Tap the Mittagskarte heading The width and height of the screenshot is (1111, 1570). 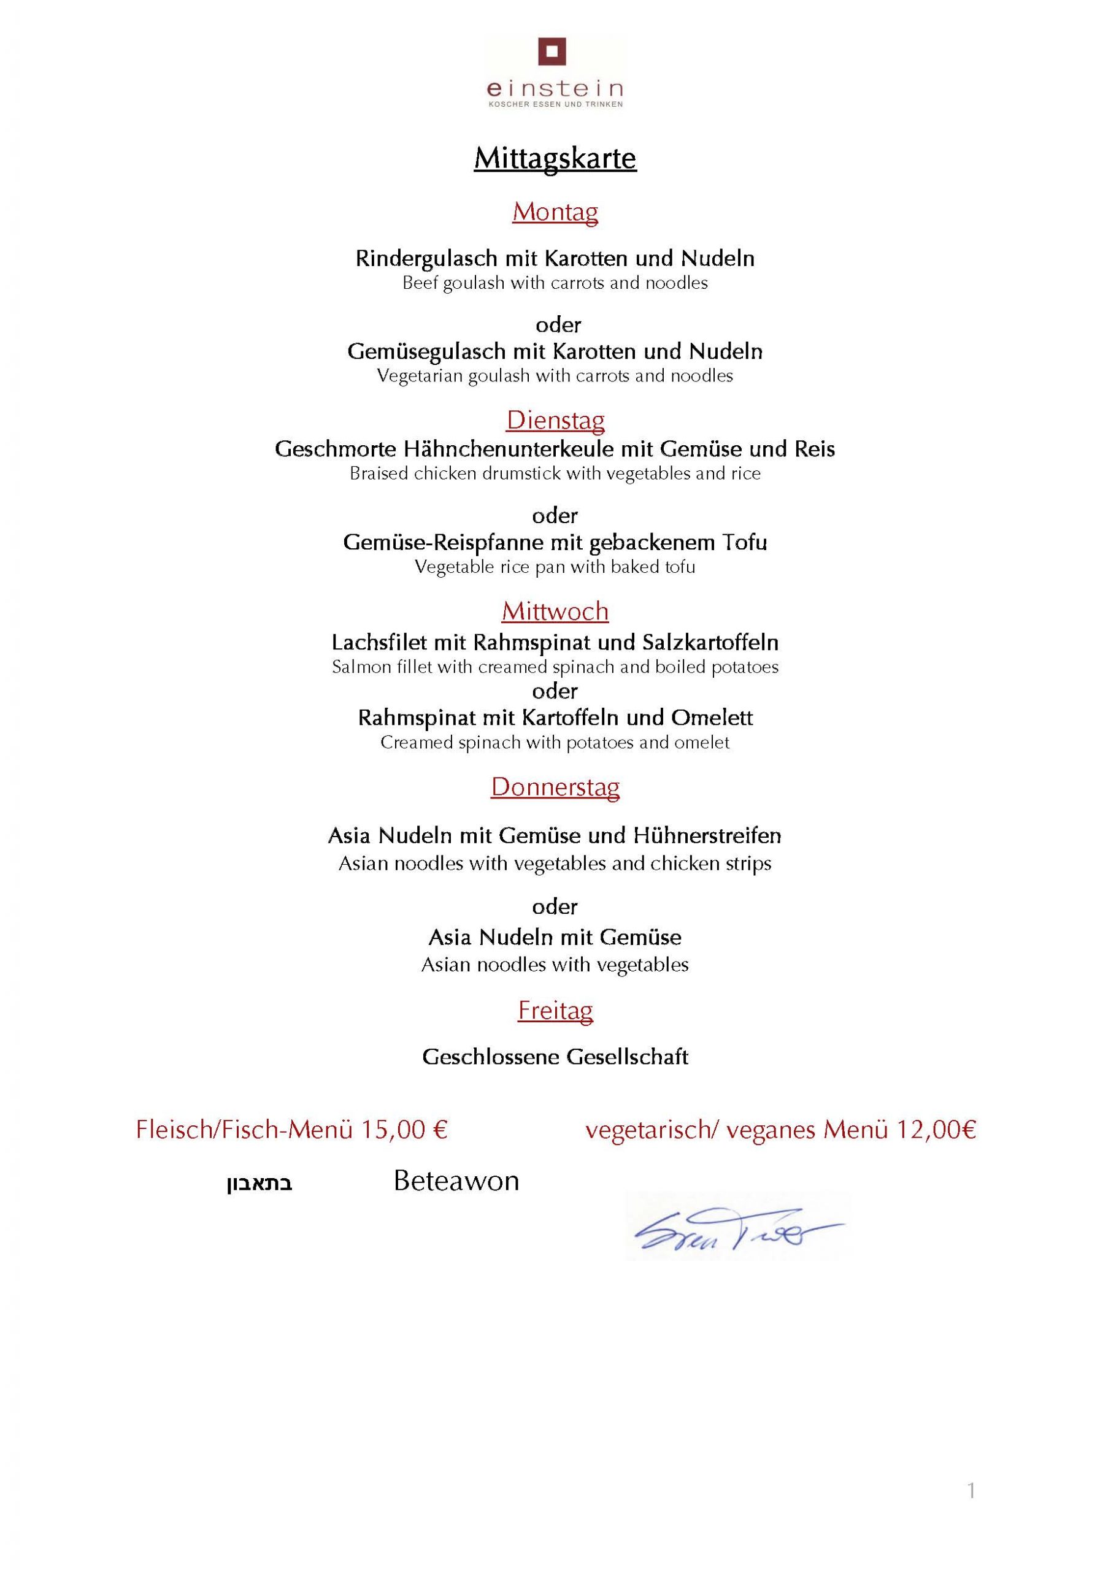(555, 159)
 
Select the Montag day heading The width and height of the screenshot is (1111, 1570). (555, 212)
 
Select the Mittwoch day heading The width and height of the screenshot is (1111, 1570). (555, 611)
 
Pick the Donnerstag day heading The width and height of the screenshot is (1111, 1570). (555, 787)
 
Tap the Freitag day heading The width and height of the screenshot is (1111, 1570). (555, 1010)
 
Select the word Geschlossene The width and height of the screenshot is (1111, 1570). (491, 1057)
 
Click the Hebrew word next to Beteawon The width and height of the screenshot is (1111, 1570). (259, 1184)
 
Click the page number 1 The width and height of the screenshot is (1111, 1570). (971, 1491)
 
